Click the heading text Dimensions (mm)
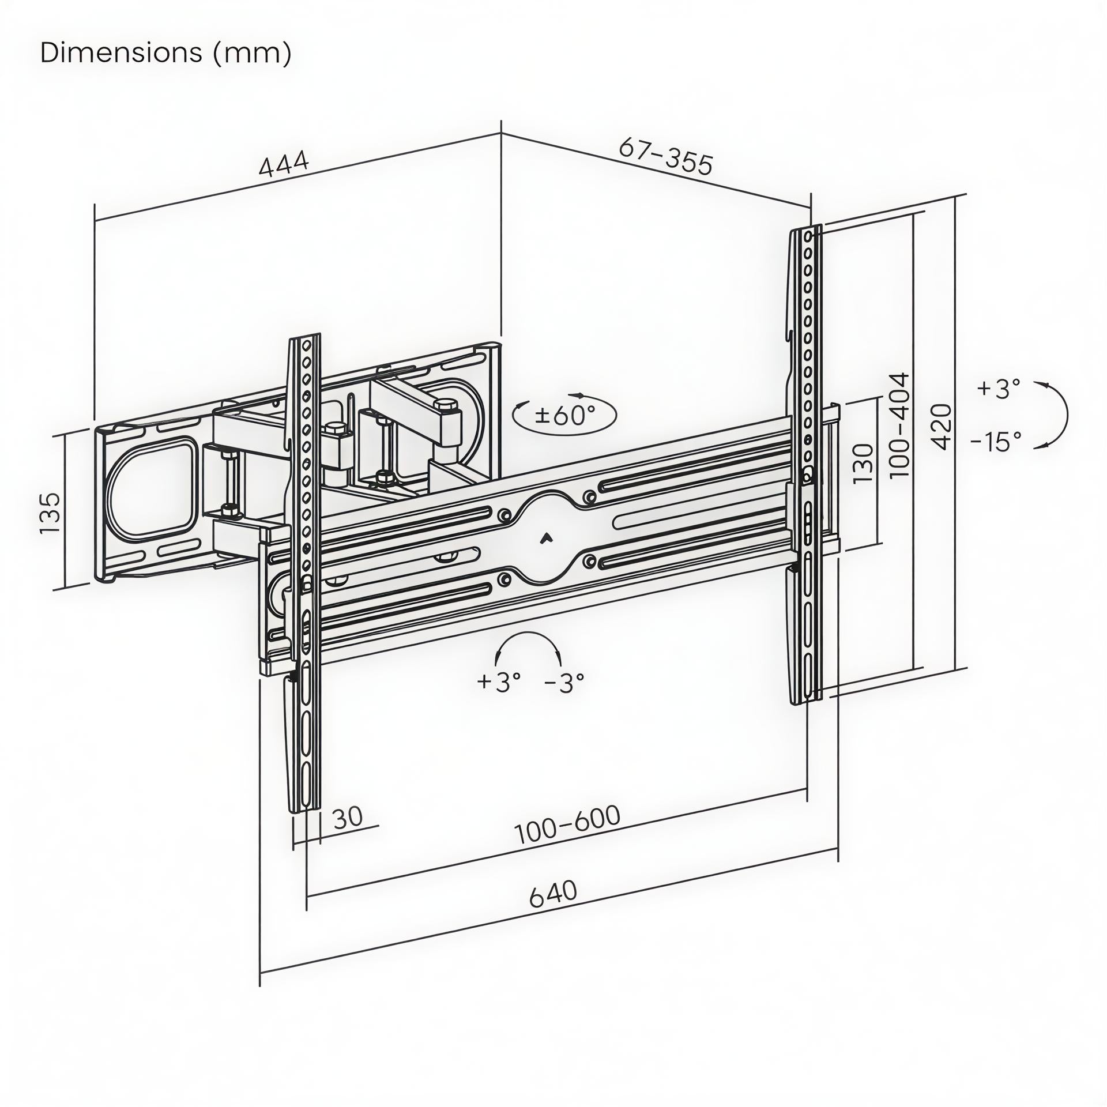tap(166, 53)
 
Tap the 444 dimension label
tap(284, 164)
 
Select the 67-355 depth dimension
tap(666, 156)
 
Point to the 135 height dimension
tap(51, 513)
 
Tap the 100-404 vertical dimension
tap(899, 425)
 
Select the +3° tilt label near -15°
tap(999, 389)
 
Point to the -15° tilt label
tap(996, 442)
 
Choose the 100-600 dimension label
tap(567, 824)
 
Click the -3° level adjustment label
tap(564, 683)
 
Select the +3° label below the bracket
tap(499, 682)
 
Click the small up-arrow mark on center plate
tap(545, 539)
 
